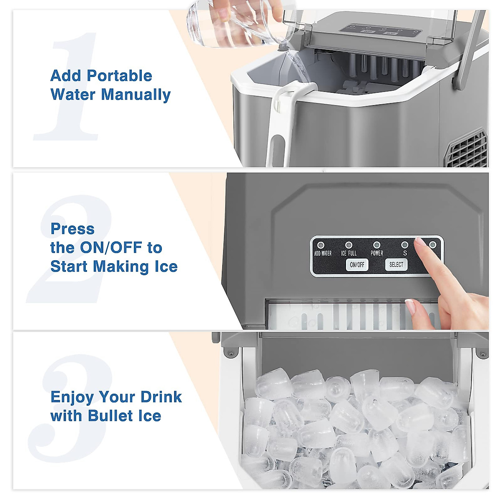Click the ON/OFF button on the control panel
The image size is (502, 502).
point(357,264)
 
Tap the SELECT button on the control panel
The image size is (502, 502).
point(396,264)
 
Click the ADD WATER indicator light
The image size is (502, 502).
point(321,245)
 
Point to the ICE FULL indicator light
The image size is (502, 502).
point(348,245)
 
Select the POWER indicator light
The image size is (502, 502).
point(376,245)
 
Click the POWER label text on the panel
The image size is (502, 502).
point(376,254)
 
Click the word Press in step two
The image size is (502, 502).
point(72,229)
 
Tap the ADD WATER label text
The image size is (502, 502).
point(323,254)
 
